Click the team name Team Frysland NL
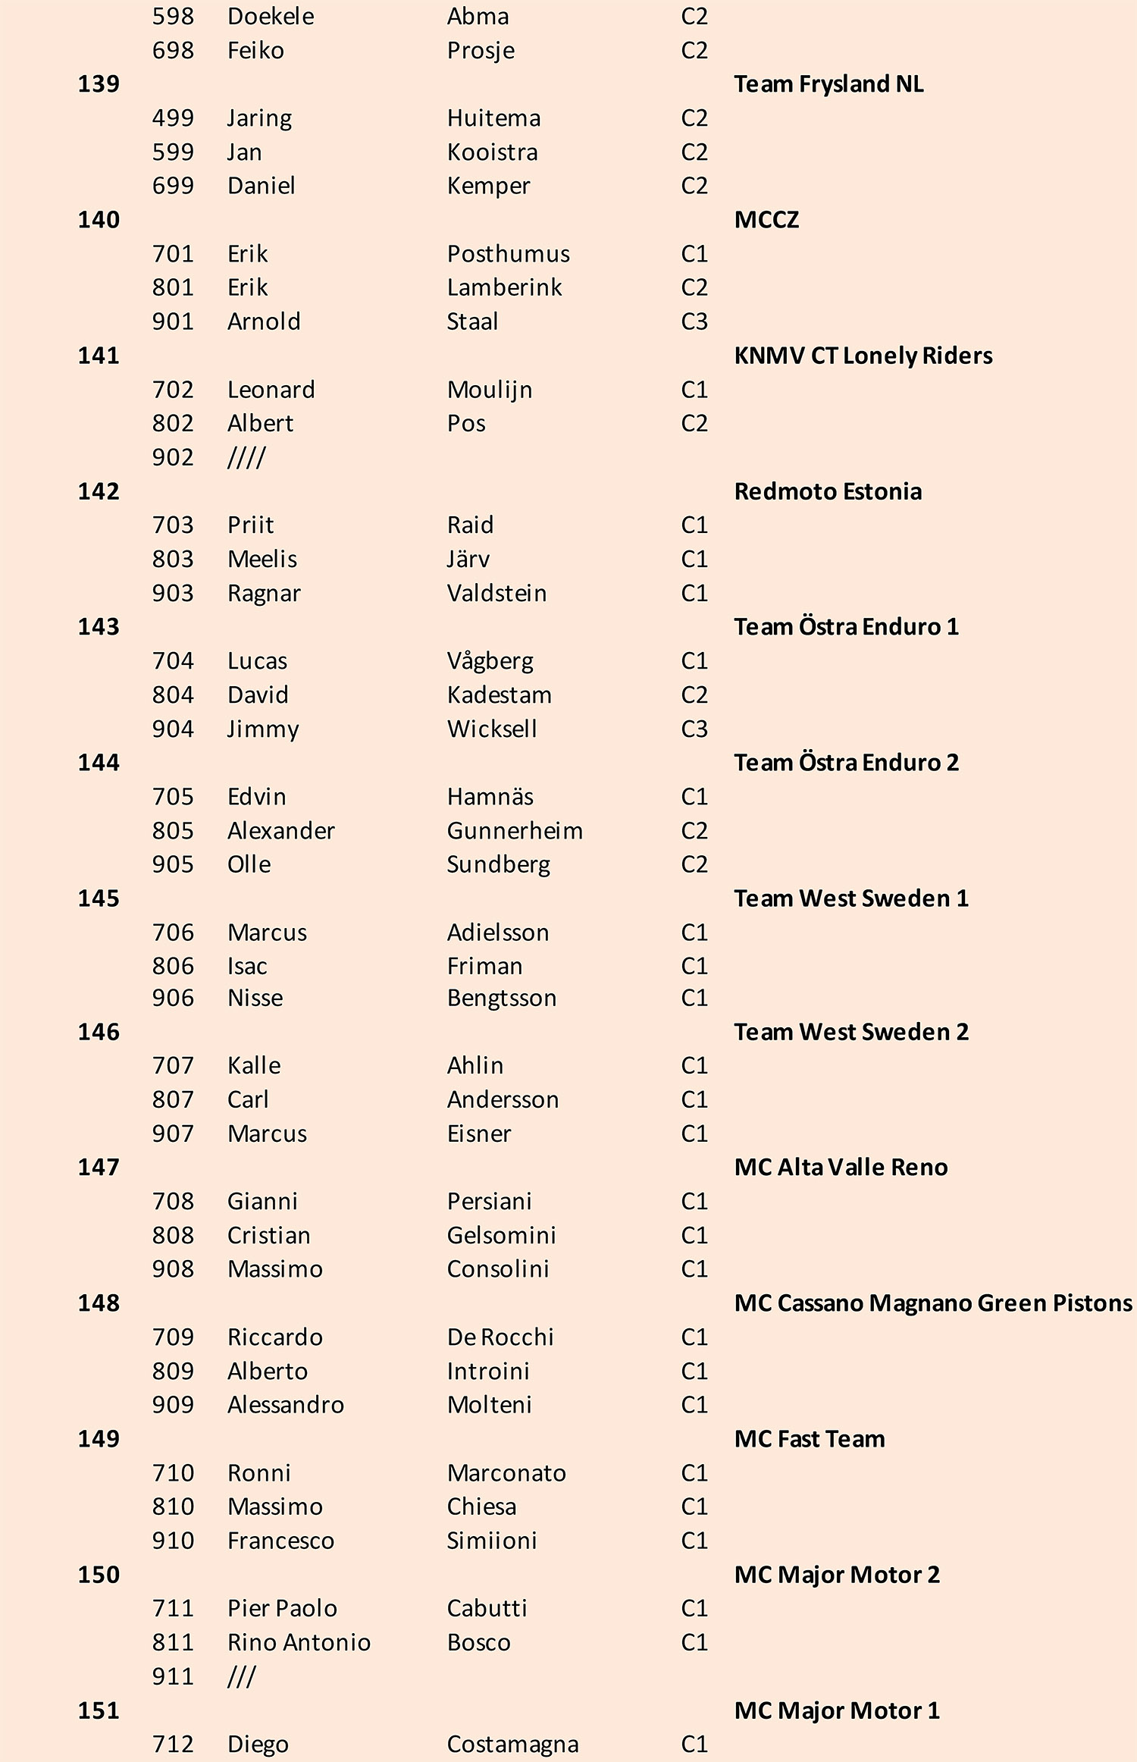pyautogui.click(x=828, y=84)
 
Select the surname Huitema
pyautogui.click(x=493, y=118)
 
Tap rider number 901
pyautogui.click(x=173, y=321)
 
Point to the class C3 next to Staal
pyautogui.click(x=694, y=321)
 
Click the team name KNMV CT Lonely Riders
pyautogui.click(x=863, y=356)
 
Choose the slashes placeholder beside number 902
pyautogui.click(x=246, y=457)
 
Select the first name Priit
pyautogui.click(x=250, y=525)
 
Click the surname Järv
pyautogui.click(x=468, y=559)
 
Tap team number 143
pyautogui.click(x=99, y=627)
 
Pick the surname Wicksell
pyautogui.click(x=492, y=729)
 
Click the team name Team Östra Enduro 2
pyautogui.click(x=846, y=763)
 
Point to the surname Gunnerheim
pyautogui.click(x=515, y=831)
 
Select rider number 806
pyautogui.click(x=173, y=966)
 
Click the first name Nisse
pyautogui.click(x=255, y=998)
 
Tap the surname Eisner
pyautogui.click(x=479, y=1133)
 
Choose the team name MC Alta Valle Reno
pyautogui.click(x=841, y=1168)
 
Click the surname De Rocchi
pyautogui.click(x=500, y=1337)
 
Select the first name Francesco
pyautogui.click(x=280, y=1541)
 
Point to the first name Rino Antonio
pyautogui.click(x=299, y=1642)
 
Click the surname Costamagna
pyautogui.click(x=512, y=1744)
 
